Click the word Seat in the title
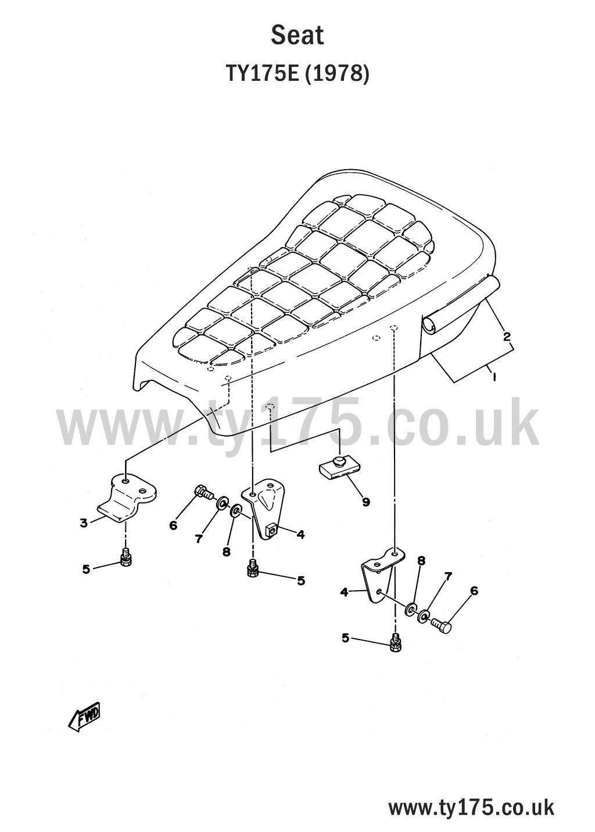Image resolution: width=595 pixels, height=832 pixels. click(297, 35)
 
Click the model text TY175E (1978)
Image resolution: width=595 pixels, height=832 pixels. click(297, 74)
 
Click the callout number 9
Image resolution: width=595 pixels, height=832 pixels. click(365, 502)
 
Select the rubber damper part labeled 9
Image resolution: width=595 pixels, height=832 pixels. click(336, 467)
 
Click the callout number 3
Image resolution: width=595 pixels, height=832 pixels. click(84, 523)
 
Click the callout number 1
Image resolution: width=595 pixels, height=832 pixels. click(493, 377)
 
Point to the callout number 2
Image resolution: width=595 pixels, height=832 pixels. click(507, 336)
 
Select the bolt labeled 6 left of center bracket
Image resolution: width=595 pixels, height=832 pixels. click(203, 492)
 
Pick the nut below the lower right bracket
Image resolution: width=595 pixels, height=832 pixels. click(396, 644)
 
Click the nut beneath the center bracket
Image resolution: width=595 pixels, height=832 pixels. click(253, 569)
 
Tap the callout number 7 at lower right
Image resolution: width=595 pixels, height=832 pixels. click(448, 576)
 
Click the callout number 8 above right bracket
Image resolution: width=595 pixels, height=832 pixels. click(421, 560)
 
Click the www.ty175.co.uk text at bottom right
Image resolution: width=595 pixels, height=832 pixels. click(471, 808)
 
